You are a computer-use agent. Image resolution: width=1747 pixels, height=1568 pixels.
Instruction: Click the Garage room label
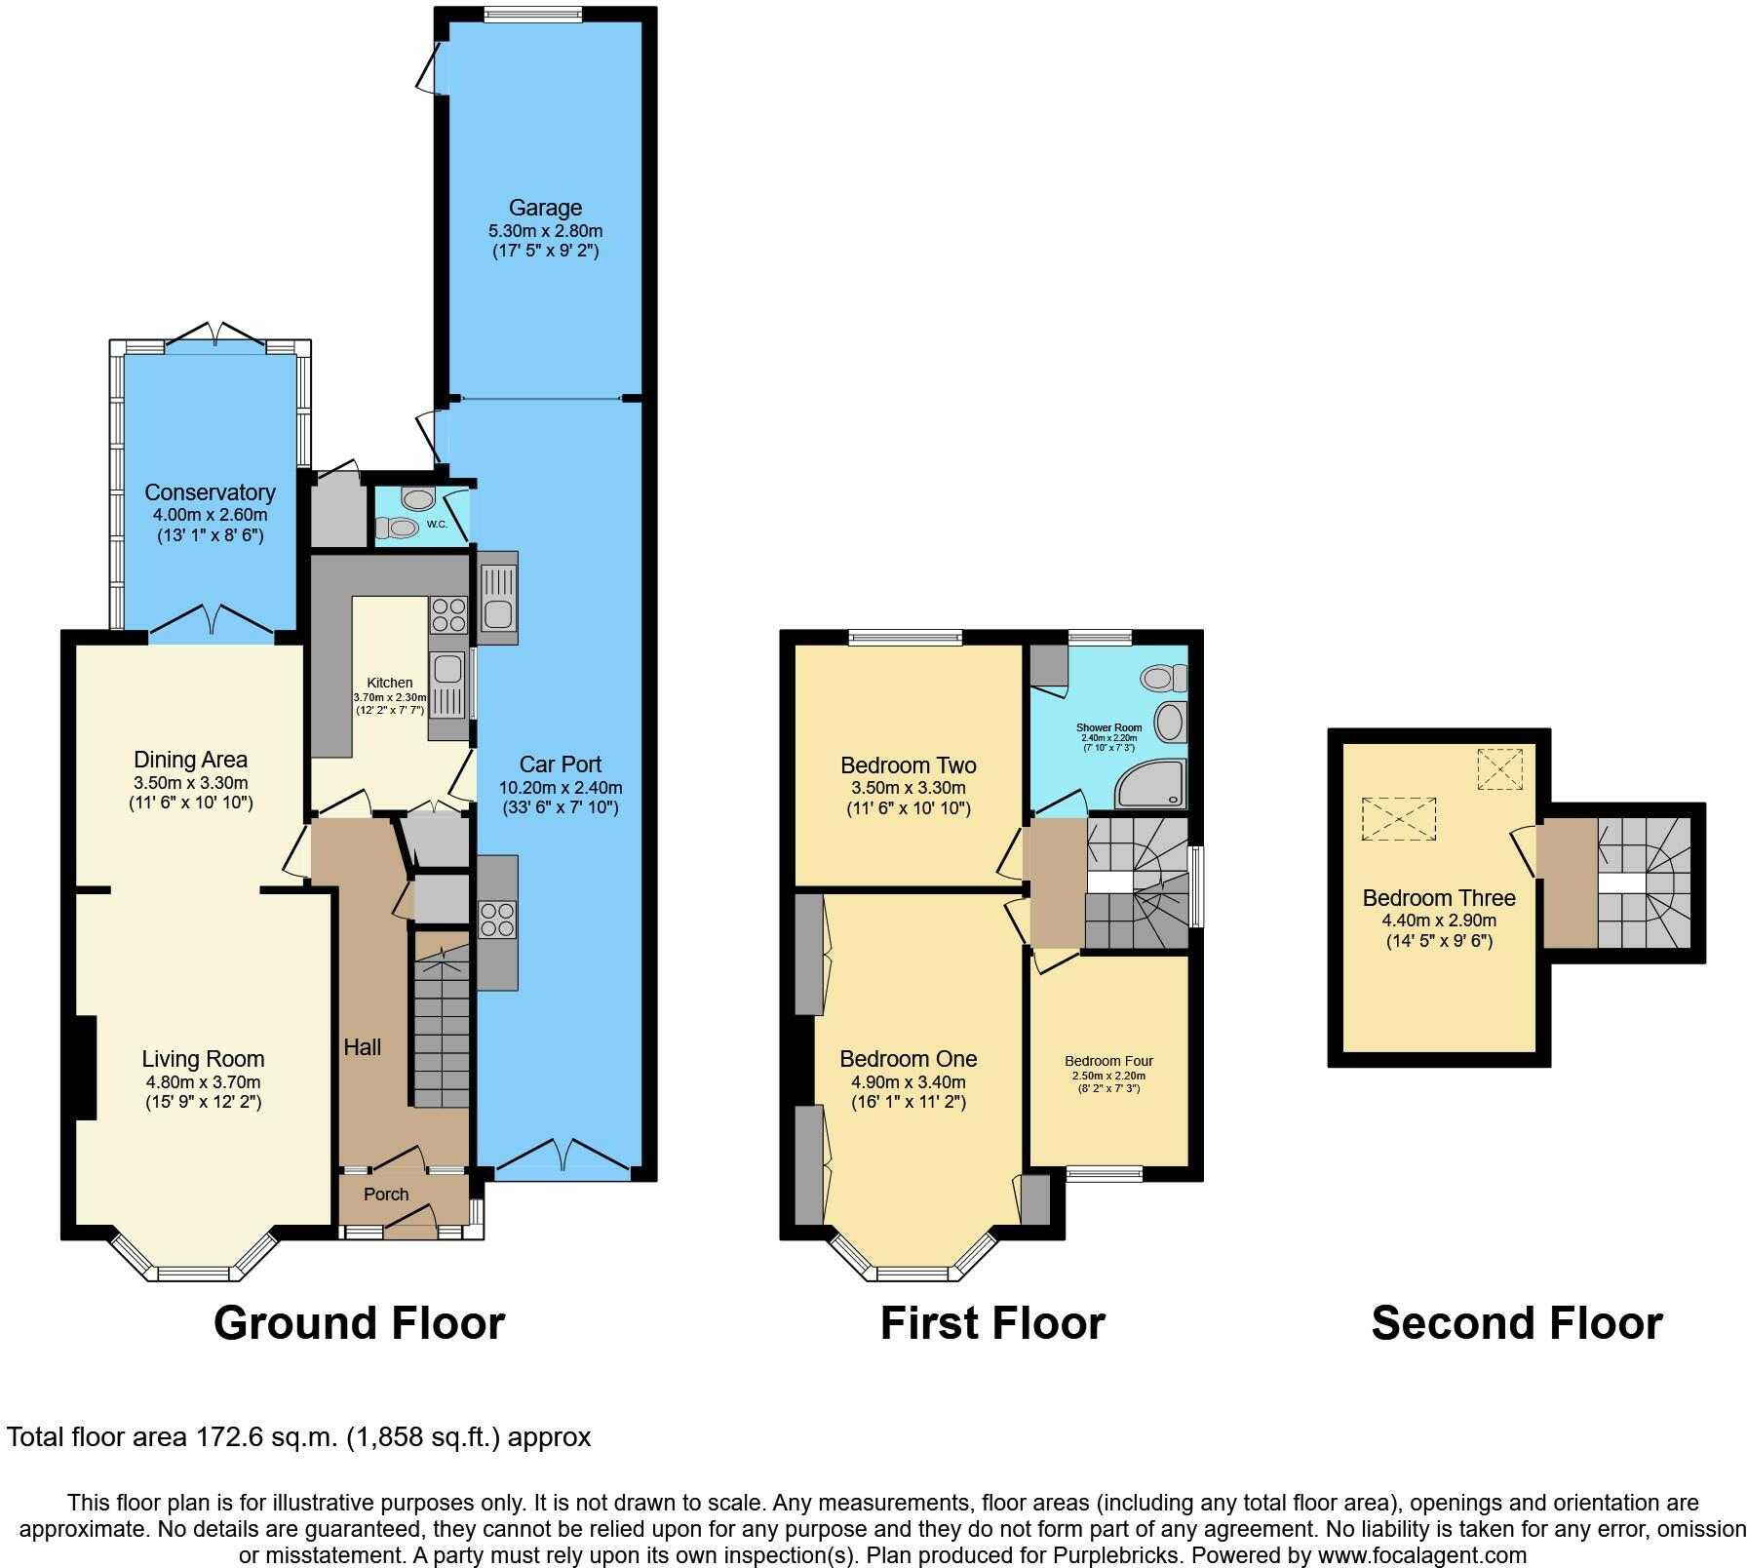click(545, 208)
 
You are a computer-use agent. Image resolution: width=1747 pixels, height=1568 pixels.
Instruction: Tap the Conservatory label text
click(210, 492)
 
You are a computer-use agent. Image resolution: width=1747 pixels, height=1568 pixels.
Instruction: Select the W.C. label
click(437, 525)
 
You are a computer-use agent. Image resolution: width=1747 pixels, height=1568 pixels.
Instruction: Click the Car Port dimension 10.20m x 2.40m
click(561, 788)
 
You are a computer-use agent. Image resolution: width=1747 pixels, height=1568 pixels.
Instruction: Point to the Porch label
click(386, 1195)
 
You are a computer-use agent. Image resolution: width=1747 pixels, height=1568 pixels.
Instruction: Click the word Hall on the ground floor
click(362, 1047)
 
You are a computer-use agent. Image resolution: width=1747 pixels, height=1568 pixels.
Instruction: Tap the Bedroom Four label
click(1108, 1061)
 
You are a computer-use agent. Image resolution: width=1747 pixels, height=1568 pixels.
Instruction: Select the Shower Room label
click(1108, 727)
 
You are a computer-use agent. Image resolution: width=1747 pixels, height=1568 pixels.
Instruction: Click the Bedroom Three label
click(1439, 898)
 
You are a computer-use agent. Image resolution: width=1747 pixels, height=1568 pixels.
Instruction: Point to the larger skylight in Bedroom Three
click(1399, 819)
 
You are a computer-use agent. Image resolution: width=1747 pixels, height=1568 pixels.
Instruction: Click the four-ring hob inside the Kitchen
click(447, 615)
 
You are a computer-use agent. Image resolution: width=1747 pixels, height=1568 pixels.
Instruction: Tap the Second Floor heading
click(1516, 1323)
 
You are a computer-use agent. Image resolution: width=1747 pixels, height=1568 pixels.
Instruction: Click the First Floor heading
click(992, 1323)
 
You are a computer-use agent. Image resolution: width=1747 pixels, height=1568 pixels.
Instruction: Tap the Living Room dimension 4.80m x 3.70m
click(203, 1081)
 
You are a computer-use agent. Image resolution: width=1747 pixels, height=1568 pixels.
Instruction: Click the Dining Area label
click(190, 760)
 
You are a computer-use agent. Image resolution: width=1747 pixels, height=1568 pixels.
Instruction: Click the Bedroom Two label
click(908, 765)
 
